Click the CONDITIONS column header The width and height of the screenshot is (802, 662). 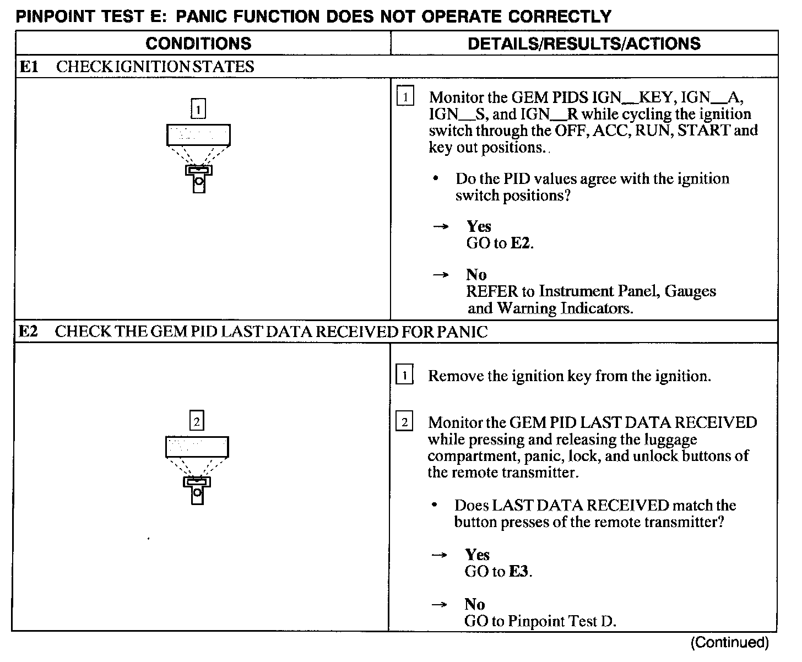click(198, 44)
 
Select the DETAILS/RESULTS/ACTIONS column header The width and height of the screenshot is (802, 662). click(584, 44)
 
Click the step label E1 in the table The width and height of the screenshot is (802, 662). click(29, 67)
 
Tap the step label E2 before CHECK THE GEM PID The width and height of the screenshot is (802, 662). click(28, 332)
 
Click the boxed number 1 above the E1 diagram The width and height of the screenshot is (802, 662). click(198, 108)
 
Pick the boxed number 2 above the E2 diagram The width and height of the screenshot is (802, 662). click(197, 421)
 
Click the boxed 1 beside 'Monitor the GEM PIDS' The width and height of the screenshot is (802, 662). click(405, 97)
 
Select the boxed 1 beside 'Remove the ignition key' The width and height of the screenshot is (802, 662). click(404, 376)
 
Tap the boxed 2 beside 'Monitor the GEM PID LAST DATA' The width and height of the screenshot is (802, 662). click(404, 422)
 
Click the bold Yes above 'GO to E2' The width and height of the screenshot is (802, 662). click(479, 226)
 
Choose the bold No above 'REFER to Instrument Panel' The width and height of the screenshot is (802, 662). click(476, 274)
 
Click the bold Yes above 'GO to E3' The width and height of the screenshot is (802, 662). click(477, 555)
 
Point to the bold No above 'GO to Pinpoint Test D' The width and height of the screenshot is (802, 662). click(475, 604)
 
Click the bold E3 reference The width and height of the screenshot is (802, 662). click(519, 572)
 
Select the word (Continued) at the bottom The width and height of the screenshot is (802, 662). click(729, 642)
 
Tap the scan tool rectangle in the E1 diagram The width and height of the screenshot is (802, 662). click(198, 135)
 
